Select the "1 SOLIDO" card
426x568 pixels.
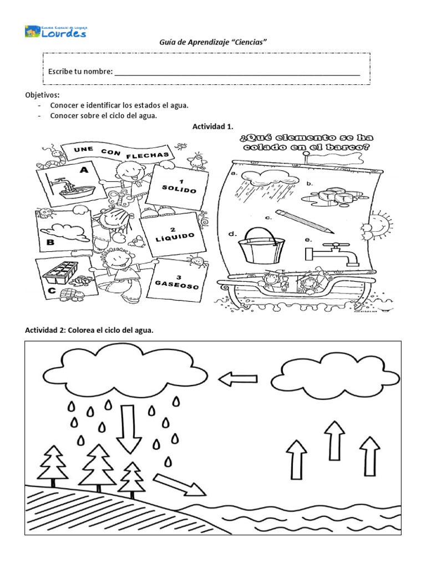point(172,187)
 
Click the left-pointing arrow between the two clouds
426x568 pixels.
point(238,379)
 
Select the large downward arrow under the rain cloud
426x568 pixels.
point(129,428)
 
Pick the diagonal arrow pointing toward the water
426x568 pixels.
point(179,484)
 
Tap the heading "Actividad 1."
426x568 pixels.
point(212,127)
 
